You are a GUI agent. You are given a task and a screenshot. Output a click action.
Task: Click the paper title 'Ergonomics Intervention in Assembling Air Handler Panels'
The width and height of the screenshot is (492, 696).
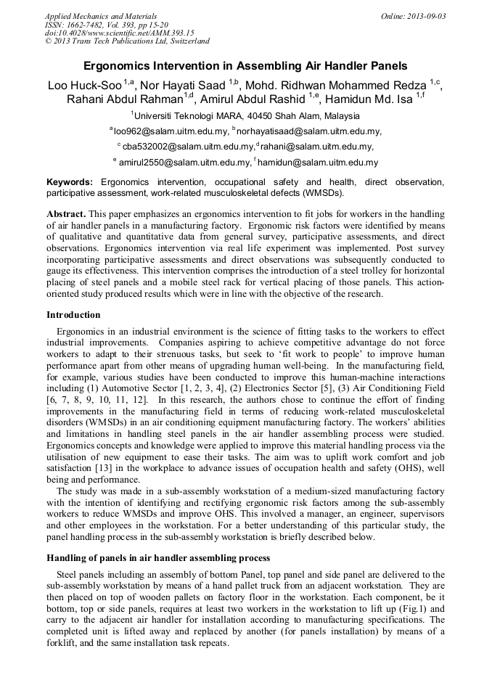[245, 65]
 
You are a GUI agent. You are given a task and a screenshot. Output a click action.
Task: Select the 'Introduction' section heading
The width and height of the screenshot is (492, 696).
[73, 314]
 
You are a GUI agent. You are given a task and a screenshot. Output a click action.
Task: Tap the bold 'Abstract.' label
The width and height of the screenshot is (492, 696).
[66, 215]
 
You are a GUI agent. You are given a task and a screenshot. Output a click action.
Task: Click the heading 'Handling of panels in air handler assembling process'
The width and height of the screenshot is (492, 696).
[158, 557]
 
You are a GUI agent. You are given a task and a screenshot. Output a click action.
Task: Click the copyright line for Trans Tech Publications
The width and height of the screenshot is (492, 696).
[127, 41]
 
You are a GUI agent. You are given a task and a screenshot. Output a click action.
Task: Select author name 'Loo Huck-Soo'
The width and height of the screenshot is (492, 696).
[84, 85]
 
